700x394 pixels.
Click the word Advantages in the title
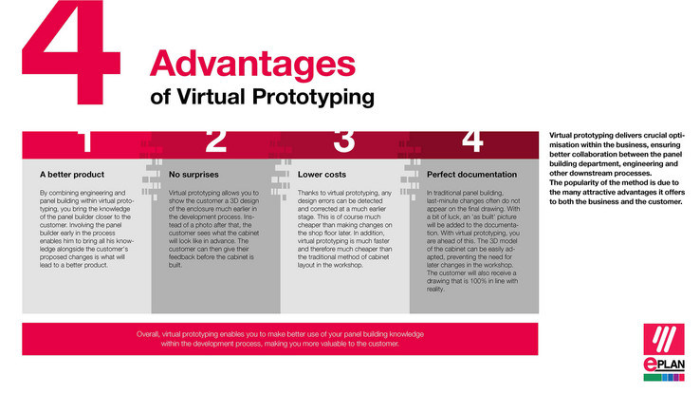click(245, 65)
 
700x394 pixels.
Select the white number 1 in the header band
click(85, 142)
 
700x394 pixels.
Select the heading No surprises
click(193, 175)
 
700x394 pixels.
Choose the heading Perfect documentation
click(471, 175)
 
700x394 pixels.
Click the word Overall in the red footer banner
click(152, 335)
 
